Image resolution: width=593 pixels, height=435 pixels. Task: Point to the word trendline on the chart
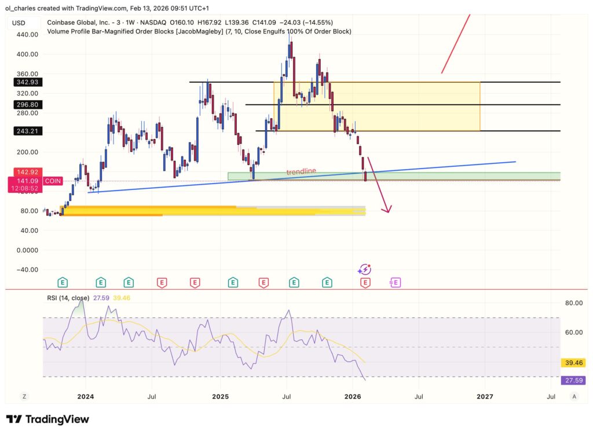[301, 172]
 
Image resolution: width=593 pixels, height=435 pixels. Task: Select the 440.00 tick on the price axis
[27, 35]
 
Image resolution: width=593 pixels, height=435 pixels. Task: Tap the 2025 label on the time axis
[220, 397]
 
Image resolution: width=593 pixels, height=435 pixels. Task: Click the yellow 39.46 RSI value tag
[574, 363]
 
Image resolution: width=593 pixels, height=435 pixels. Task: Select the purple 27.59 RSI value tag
[574, 380]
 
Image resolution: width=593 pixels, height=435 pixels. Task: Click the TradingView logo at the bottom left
[47, 419]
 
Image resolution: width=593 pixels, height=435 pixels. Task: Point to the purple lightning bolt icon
[364, 269]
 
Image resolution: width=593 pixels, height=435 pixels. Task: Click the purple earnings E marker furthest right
[396, 283]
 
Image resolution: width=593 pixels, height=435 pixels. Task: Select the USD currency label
[19, 23]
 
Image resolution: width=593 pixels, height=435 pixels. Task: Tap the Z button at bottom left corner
[24, 396]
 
